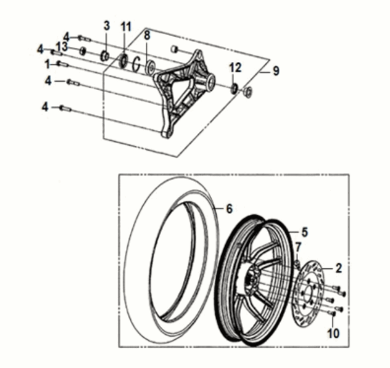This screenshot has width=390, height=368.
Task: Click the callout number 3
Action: click(x=107, y=26)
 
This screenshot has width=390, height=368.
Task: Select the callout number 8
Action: click(x=146, y=34)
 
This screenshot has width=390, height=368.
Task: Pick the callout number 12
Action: click(x=235, y=67)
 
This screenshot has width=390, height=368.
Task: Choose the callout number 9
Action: click(x=276, y=72)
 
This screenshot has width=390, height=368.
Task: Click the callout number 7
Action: click(x=298, y=247)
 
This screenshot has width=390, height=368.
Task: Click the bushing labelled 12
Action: click(x=235, y=87)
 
